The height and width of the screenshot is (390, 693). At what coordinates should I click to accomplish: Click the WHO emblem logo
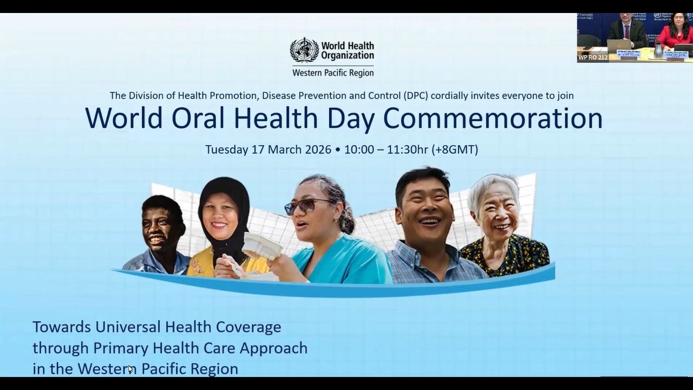click(304, 50)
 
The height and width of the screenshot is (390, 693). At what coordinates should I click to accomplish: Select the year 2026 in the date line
click(314, 149)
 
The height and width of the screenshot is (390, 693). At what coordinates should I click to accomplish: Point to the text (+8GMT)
click(455, 149)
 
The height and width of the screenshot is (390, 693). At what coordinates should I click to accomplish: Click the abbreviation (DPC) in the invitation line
click(415, 95)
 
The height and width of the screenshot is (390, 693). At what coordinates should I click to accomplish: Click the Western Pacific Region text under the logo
click(332, 73)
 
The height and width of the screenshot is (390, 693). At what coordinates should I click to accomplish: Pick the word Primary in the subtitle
click(120, 348)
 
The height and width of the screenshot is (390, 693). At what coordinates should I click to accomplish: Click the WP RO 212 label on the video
click(593, 57)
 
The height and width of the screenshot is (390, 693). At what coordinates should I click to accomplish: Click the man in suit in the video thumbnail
click(626, 31)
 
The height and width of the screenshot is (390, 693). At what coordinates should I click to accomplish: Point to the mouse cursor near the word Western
click(130, 369)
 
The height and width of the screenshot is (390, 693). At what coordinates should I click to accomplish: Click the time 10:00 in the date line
click(359, 149)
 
